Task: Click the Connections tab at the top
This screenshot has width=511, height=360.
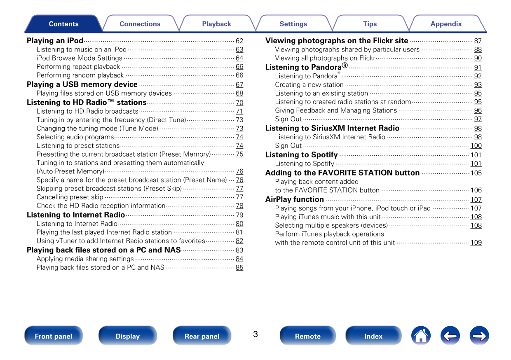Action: point(140,24)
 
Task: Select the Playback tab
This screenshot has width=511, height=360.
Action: point(216,24)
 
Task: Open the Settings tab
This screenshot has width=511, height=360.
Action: point(293,24)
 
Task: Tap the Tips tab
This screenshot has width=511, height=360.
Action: point(370,24)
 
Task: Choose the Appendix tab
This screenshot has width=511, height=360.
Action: point(446,24)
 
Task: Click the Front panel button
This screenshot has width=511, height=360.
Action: point(54,336)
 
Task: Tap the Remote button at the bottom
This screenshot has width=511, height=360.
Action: point(307,336)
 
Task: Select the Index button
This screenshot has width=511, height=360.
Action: point(373,336)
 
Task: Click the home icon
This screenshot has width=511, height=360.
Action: point(420,336)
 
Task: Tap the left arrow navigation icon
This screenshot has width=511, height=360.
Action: point(450,336)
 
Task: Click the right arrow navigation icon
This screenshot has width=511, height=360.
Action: point(479,336)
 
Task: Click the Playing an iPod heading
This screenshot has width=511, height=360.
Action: point(55,41)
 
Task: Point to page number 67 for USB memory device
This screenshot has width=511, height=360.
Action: point(239,85)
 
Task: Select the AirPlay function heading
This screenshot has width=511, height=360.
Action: point(295,199)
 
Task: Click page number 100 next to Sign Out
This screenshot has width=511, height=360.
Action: point(476,146)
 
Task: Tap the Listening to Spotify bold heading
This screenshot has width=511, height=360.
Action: point(301,155)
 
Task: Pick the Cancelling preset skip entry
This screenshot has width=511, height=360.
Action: point(70,197)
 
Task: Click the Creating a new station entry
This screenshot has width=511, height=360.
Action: point(309,85)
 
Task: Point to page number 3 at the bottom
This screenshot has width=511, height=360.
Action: point(255,334)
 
